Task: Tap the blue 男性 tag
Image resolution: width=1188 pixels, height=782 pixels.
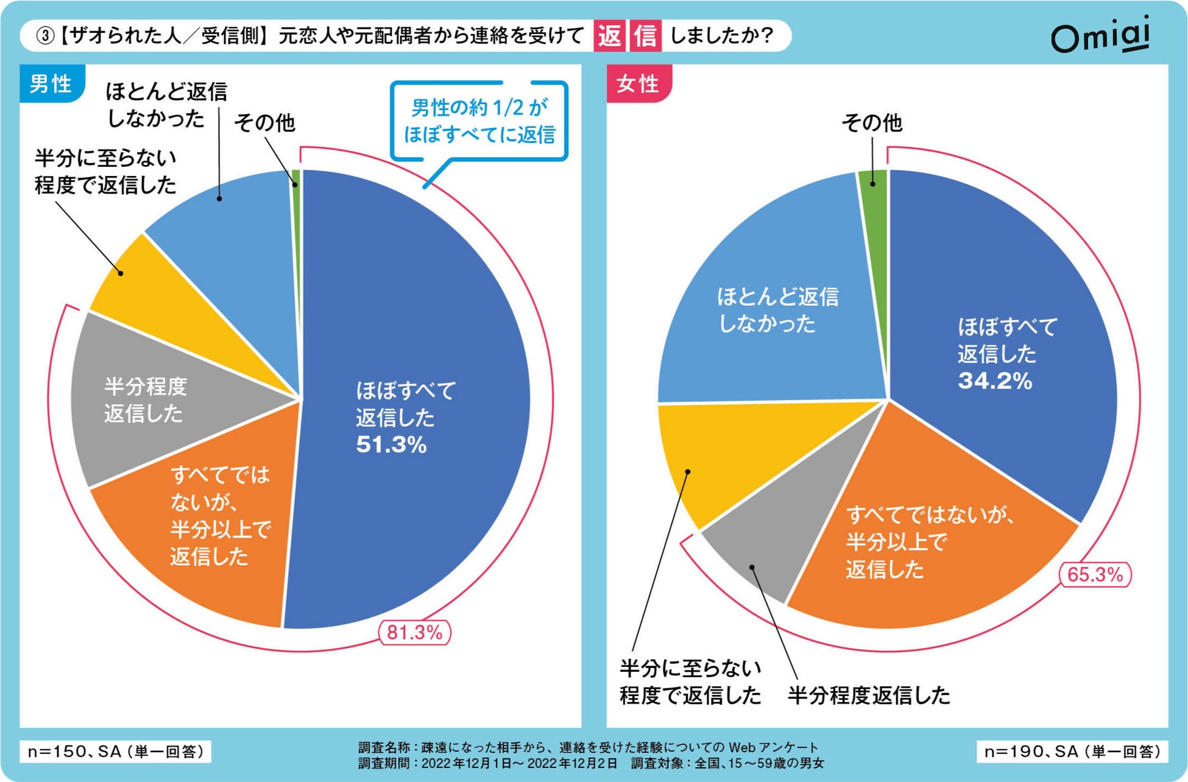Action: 51,83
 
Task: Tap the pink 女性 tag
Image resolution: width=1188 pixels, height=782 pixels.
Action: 638,83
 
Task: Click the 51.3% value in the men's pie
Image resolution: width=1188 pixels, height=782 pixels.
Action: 391,445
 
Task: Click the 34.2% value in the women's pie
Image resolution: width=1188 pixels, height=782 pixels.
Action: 995,381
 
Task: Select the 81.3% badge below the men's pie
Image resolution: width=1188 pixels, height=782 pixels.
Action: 415,632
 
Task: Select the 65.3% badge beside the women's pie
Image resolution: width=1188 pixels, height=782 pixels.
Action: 1095,574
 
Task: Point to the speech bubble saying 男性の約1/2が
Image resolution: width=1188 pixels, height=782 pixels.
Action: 479,121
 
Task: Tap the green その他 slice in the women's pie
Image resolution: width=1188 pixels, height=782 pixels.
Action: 874,180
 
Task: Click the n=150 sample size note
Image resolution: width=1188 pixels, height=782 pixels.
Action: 116,751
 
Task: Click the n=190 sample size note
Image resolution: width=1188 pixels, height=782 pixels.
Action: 1072,751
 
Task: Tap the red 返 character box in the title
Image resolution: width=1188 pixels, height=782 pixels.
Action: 609,35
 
